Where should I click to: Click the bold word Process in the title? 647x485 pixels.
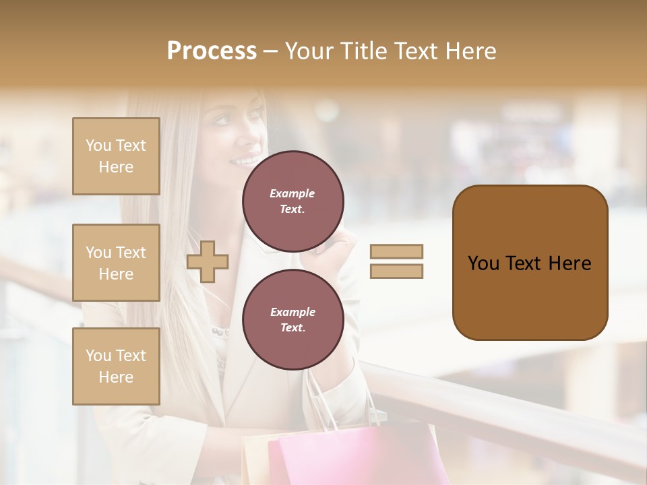(212, 51)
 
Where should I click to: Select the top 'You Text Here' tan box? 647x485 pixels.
(116, 156)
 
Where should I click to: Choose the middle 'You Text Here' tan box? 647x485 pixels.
(116, 263)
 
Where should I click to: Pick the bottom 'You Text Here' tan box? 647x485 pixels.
(116, 366)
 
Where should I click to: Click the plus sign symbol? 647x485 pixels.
(208, 261)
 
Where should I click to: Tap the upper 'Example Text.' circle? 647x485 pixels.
(292, 201)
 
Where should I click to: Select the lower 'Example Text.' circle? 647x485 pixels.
(292, 320)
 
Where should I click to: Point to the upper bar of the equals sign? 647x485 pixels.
(396, 252)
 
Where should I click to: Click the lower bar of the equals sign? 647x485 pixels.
(396, 271)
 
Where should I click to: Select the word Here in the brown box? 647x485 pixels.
(569, 263)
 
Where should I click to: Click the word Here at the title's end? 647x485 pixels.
(469, 51)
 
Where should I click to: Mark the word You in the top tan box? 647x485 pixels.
(98, 145)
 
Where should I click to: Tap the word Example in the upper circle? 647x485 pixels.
(292, 193)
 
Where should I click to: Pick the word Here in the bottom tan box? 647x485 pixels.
(116, 377)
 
